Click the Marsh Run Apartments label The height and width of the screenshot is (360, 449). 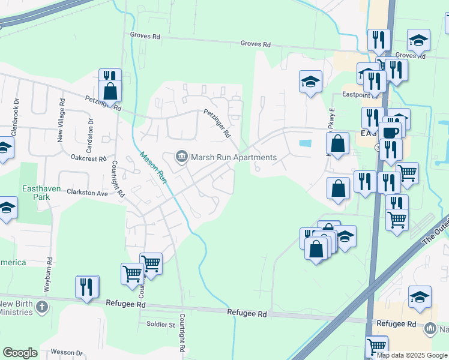coord(234,158)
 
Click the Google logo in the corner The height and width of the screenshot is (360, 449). coord(20,353)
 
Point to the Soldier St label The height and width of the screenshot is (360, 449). coord(160,325)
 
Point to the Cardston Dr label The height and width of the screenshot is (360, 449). coord(91,128)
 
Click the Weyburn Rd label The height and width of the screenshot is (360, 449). coord(47,275)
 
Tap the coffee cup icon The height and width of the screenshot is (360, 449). coord(390,131)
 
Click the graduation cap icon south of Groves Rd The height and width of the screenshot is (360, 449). coord(311,82)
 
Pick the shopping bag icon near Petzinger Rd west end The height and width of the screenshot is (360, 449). coord(110,91)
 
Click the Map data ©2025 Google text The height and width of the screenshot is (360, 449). coord(412,355)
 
